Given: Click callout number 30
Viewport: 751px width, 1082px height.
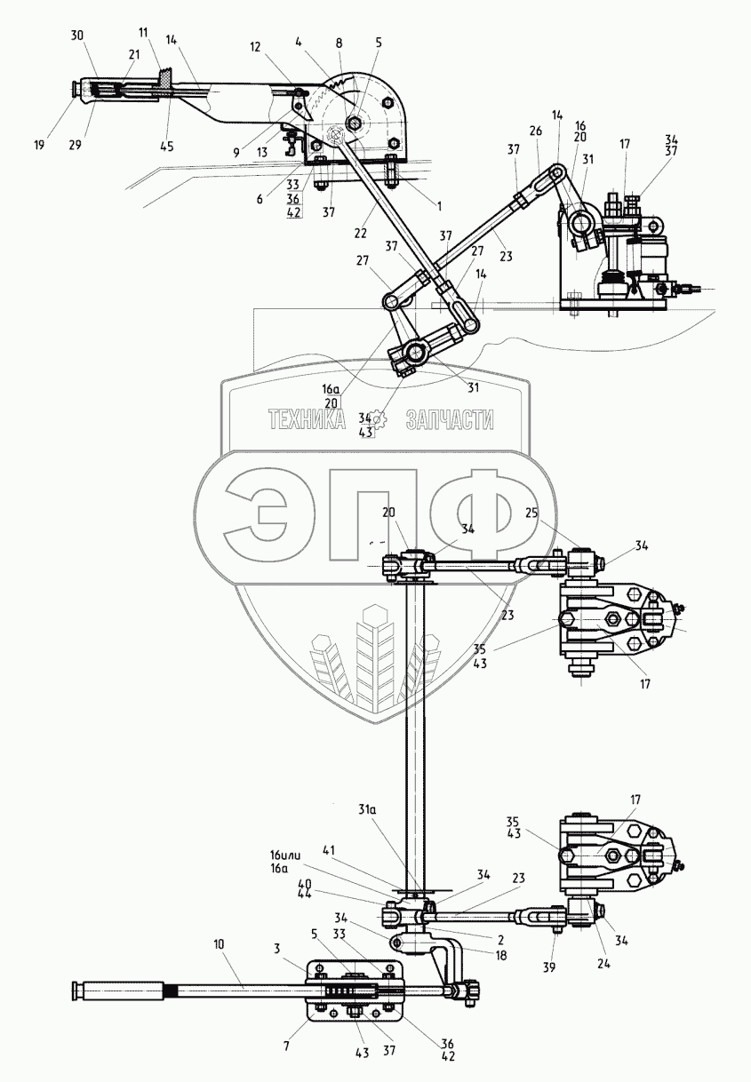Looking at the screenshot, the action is [76, 37].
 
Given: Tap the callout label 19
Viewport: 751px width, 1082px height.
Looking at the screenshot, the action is [40, 144].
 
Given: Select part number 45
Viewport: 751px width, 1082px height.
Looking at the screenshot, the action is [167, 146].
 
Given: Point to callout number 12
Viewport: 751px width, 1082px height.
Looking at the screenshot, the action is [255, 47].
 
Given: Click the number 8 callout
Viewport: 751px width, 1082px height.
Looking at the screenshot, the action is [339, 43].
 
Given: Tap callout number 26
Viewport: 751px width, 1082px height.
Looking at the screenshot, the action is [535, 131].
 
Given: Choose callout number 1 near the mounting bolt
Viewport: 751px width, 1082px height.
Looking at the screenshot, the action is [439, 206].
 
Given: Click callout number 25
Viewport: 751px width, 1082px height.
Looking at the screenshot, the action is [531, 512].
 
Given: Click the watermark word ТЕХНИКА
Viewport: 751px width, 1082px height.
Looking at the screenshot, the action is [308, 419].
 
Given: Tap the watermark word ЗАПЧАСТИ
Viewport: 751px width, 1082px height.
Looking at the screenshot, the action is [450, 419].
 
